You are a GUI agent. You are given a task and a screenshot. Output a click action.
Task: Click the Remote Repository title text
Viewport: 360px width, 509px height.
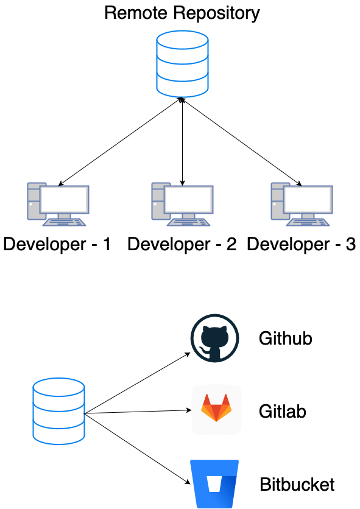coord(182,12)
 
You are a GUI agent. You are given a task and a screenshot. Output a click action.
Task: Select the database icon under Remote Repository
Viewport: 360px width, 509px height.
coord(182,65)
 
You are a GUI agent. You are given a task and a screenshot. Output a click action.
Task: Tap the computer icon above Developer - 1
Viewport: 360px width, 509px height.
coord(58,202)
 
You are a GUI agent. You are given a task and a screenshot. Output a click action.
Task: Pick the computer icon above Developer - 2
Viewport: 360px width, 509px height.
coord(182,202)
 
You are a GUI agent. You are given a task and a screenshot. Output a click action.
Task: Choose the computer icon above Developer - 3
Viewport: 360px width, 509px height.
coord(302,202)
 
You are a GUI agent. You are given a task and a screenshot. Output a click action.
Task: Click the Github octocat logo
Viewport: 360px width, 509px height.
coord(216,338)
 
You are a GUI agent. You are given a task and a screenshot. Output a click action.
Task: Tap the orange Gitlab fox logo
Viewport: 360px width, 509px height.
coord(216,409)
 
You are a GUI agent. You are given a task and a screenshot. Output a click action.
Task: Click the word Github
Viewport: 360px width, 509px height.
coord(285,339)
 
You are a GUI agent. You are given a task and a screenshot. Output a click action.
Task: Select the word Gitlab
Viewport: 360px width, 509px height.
coord(282,412)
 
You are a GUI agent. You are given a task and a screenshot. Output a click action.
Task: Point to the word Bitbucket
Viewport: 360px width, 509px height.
coord(297,485)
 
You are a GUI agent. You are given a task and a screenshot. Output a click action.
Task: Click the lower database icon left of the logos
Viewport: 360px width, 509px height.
coord(58,410)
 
